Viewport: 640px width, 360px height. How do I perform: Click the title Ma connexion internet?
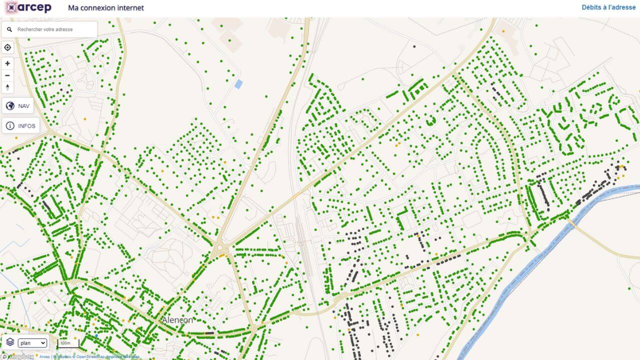[x=106, y=8]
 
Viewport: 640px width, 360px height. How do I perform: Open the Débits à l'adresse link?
[x=608, y=7]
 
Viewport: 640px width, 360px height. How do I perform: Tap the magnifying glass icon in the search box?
[x=9, y=29]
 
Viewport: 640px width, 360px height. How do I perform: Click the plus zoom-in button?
[x=7, y=63]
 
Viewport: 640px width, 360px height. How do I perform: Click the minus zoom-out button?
[x=7, y=75]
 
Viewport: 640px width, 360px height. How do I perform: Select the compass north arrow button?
[x=7, y=87]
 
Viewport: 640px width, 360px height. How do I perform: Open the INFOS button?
[x=21, y=125]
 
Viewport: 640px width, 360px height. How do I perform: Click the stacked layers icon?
[x=10, y=342]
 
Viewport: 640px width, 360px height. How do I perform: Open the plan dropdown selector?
[x=32, y=343]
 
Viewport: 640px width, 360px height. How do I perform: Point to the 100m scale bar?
[x=68, y=343]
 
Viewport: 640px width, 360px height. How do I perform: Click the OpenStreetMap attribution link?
[x=89, y=356]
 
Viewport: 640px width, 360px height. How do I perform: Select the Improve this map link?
[x=122, y=356]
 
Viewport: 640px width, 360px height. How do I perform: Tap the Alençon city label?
[x=177, y=320]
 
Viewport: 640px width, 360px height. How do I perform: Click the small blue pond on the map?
[x=238, y=84]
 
